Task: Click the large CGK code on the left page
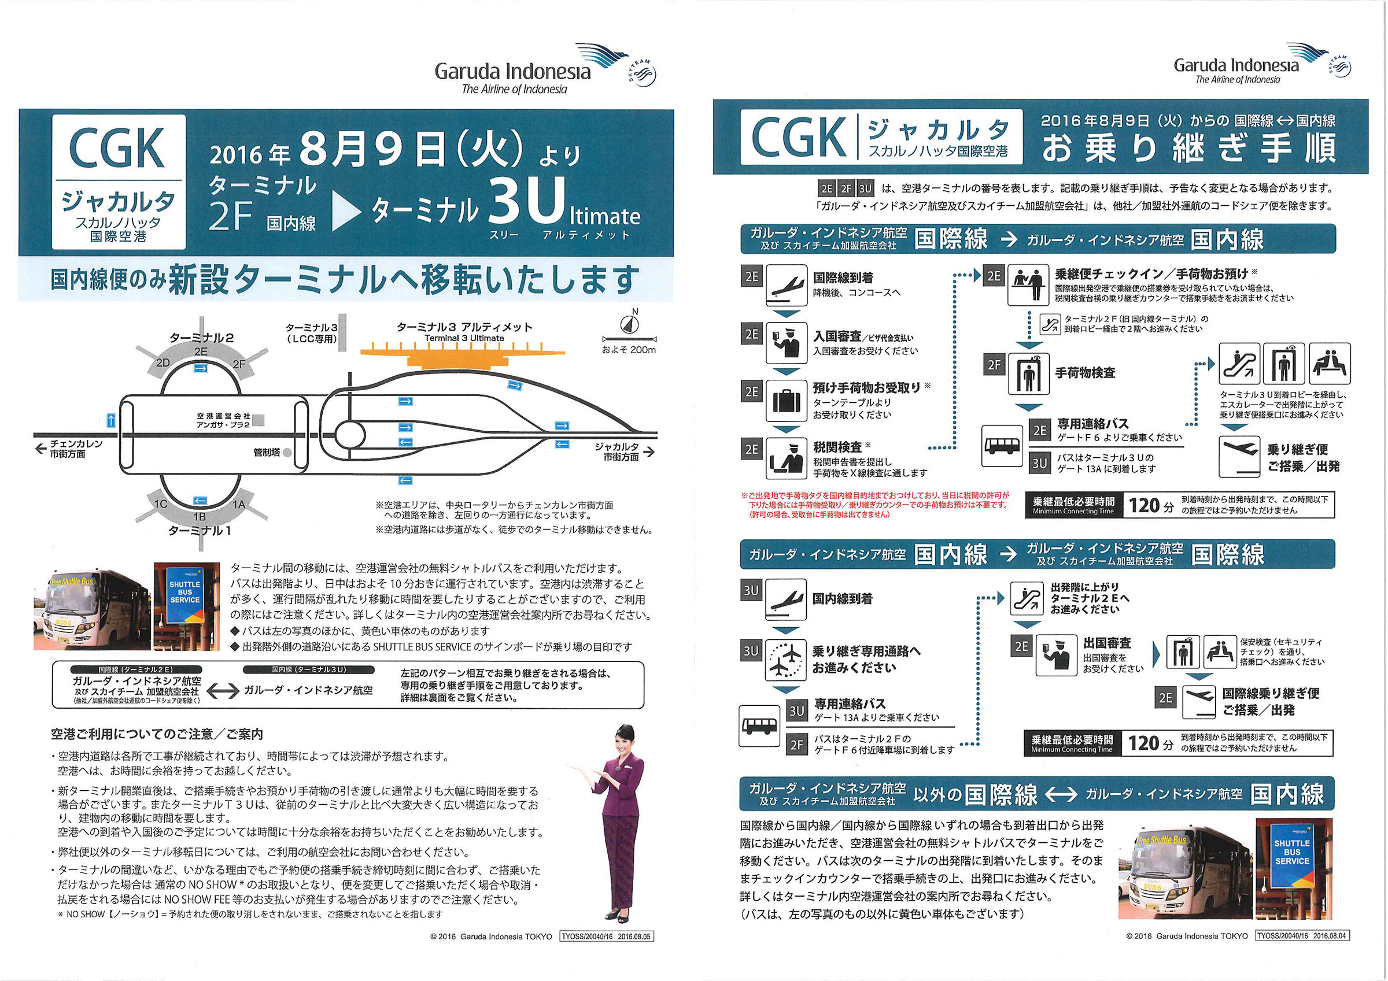[117, 148]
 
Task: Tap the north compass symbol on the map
[629, 324]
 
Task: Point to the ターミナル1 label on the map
[200, 531]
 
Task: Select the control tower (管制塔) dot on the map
[287, 452]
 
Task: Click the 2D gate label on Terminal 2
[163, 362]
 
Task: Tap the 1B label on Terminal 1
[200, 517]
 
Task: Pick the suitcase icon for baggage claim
[786, 400]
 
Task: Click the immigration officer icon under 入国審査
[786, 343]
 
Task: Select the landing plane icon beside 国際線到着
[786, 284]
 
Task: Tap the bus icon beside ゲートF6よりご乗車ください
[1002, 446]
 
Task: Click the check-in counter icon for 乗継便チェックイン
[1028, 284]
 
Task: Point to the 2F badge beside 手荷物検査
[995, 365]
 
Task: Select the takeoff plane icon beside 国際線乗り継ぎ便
[1198, 702]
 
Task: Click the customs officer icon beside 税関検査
[786, 458]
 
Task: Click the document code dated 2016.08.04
[1302, 936]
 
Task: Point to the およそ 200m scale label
[629, 350]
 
